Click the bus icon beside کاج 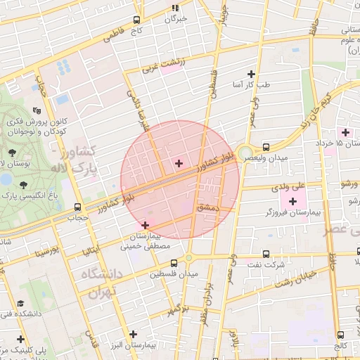click(x=136, y=20)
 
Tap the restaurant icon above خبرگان click(x=175, y=8)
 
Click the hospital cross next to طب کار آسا click(x=251, y=74)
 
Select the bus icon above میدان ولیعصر click(x=266, y=147)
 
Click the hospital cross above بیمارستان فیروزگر click(x=293, y=202)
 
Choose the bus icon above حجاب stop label click(x=77, y=207)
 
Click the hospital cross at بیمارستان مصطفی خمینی click(x=146, y=226)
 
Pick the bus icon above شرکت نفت click(x=265, y=254)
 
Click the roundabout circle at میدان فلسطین click(x=188, y=258)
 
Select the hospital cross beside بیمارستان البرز click(x=133, y=333)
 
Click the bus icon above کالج click(x=341, y=335)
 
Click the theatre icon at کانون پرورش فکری click(x=37, y=110)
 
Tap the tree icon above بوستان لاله click(x=12, y=152)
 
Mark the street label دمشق click(x=209, y=208)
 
